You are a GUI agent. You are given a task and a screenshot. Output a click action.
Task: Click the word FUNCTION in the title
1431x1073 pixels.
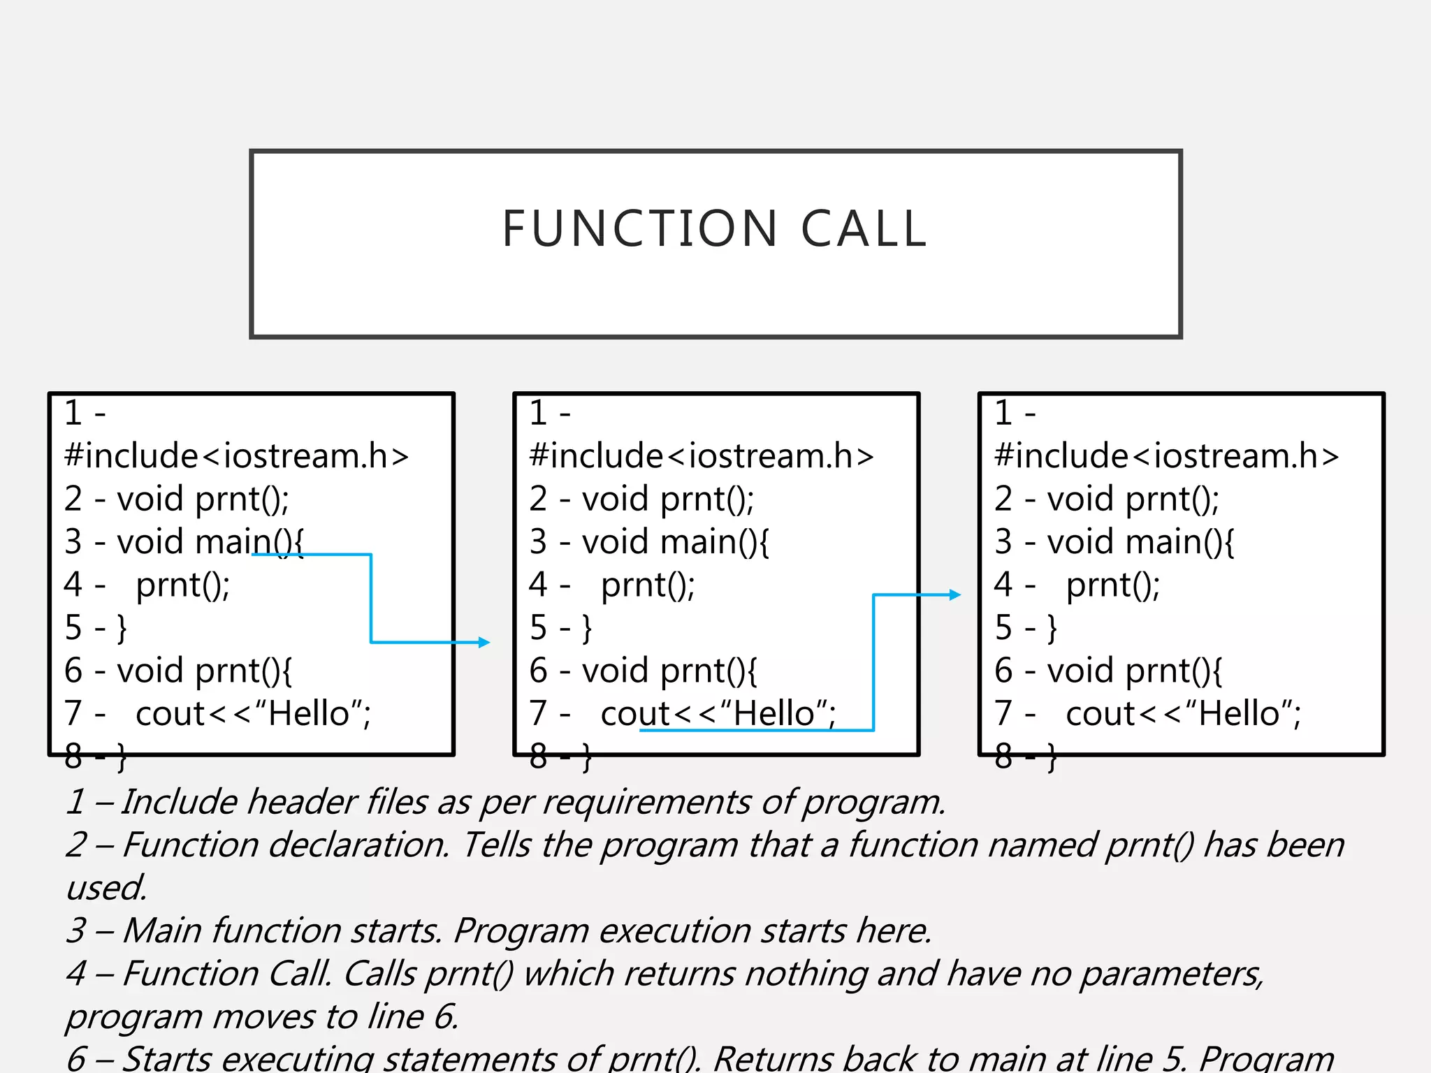(x=639, y=229)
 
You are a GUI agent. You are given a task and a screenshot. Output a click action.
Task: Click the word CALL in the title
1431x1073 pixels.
(x=864, y=229)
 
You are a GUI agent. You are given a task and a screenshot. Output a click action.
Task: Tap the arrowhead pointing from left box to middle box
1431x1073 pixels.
(x=484, y=642)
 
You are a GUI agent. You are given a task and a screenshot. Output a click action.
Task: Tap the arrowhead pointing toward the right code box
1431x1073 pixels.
(x=955, y=595)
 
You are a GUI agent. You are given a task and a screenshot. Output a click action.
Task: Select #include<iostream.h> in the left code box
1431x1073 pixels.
(x=236, y=456)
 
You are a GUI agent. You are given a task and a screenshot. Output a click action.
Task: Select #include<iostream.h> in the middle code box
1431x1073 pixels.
(x=702, y=456)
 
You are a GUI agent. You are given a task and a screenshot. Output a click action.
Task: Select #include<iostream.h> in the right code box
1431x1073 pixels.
(x=1166, y=456)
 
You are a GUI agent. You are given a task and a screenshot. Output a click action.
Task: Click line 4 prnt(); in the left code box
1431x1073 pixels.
(x=182, y=585)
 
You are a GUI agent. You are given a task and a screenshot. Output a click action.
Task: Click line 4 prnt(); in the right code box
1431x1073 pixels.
(x=1112, y=585)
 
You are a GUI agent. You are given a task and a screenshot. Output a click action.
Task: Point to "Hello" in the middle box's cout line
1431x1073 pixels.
(x=774, y=713)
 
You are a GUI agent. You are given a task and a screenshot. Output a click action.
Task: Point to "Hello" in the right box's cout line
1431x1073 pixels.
(x=1240, y=713)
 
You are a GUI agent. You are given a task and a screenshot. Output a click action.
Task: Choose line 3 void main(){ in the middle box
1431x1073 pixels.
(x=675, y=542)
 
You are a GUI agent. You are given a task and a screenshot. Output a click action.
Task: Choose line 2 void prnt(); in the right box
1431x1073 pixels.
(x=1133, y=499)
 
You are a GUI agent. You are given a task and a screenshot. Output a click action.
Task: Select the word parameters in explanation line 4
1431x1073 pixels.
(x=1172, y=974)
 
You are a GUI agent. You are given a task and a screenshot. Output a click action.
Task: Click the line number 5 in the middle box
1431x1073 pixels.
(x=538, y=627)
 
